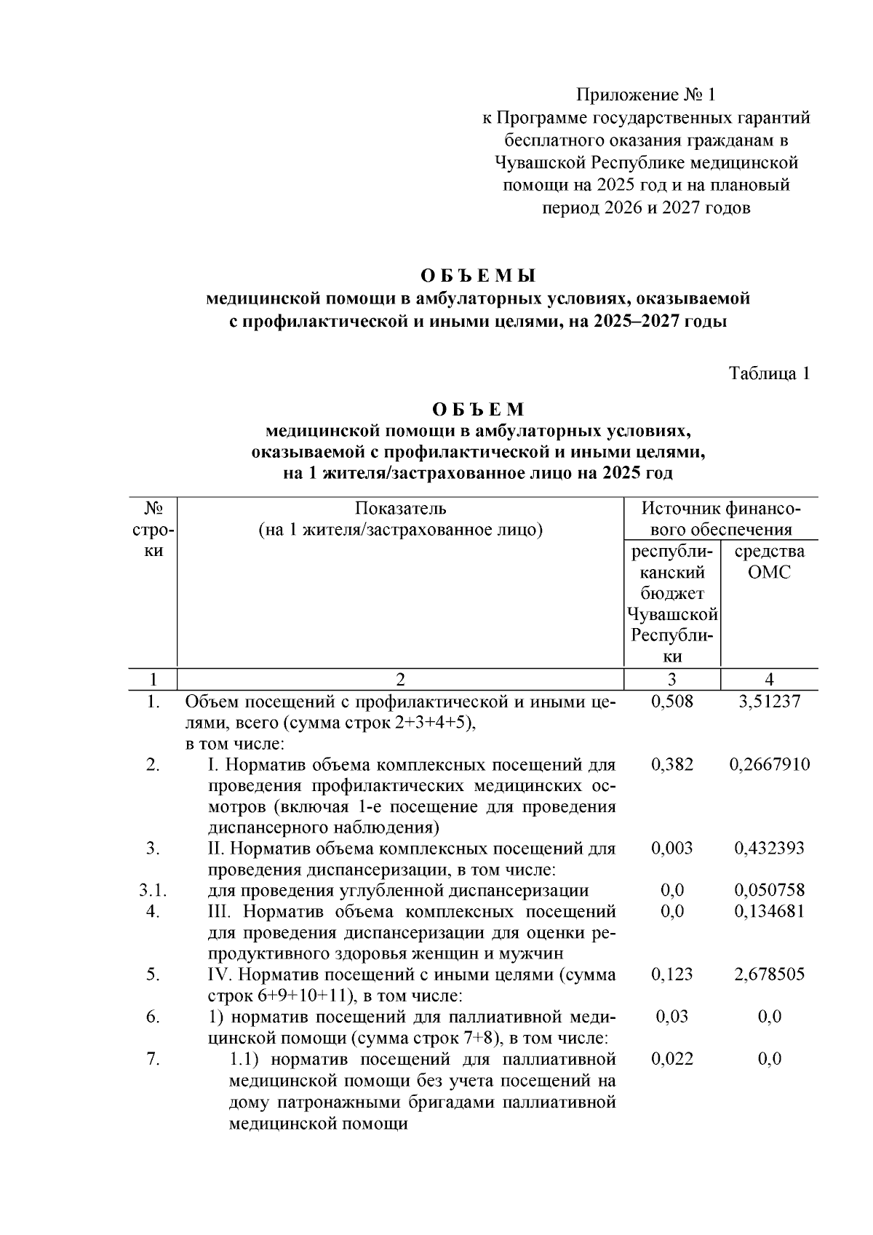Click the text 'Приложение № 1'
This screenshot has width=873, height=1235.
[646, 95]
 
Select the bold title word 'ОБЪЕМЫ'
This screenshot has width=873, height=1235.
[478, 276]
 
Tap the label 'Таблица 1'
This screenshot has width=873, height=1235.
[770, 374]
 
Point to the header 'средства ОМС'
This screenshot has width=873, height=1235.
[770, 561]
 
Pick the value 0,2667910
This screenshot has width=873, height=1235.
[770, 764]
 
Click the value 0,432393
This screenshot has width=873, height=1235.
[770, 848]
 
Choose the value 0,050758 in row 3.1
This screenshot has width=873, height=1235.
[770, 890]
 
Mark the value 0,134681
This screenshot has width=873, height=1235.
[770, 911]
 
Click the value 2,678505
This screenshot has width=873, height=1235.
[770, 974]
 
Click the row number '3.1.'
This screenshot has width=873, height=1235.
[153, 890]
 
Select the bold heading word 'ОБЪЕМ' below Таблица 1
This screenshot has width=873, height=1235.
[478, 409]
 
